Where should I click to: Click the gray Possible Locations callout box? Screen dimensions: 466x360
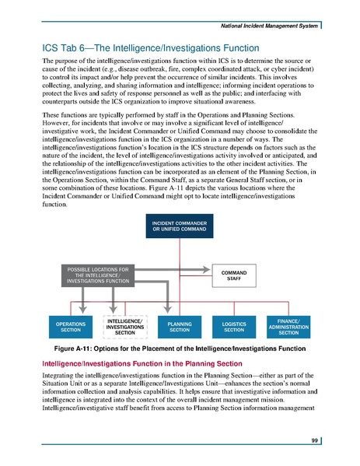(96, 275)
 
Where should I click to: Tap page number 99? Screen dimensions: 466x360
(312, 440)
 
